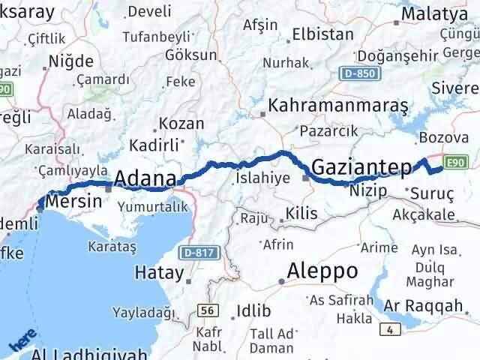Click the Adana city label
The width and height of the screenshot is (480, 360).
click(x=145, y=180)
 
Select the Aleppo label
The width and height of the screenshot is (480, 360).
click(x=324, y=270)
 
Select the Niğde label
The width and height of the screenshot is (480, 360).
click(x=70, y=61)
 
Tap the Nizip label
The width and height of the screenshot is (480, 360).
click(x=368, y=191)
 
